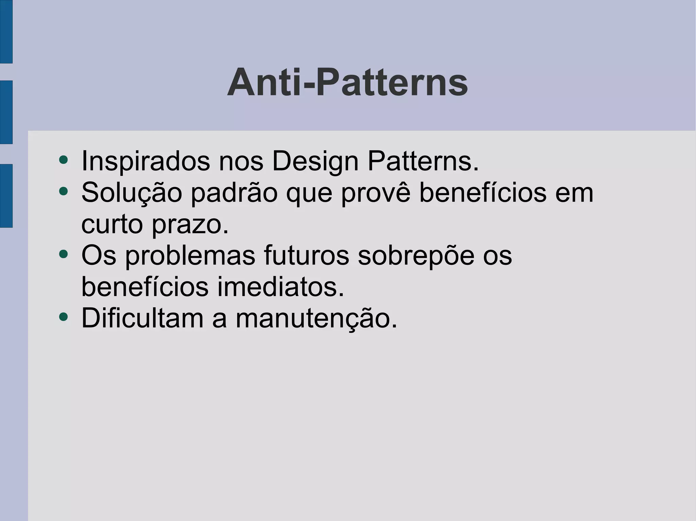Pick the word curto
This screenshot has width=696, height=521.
pyautogui.click(x=112, y=224)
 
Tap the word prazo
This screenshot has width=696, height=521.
pyautogui.click(x=190, y=225)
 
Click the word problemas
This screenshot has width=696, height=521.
pyautogui.click(x=190, y=256)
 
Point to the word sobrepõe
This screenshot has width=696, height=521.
pyautogui.click(x=416, y=256)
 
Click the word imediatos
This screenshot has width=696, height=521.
pyautogui.click(x=281, y=287)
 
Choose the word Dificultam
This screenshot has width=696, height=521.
pyautogui.click(x=142, y=318)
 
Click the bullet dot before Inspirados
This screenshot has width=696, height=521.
pyautogui.click(x=63, y=160)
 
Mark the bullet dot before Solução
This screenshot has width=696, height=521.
pyautogui.click(x=63, y=191)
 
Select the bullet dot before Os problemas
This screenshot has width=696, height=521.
pyautogui.click(x=63, y=254)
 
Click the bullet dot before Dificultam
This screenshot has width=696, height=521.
pyautogui.click(x=63, y=317)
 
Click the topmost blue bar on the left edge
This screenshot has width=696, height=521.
pyautogui.click(x=6, y=31)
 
